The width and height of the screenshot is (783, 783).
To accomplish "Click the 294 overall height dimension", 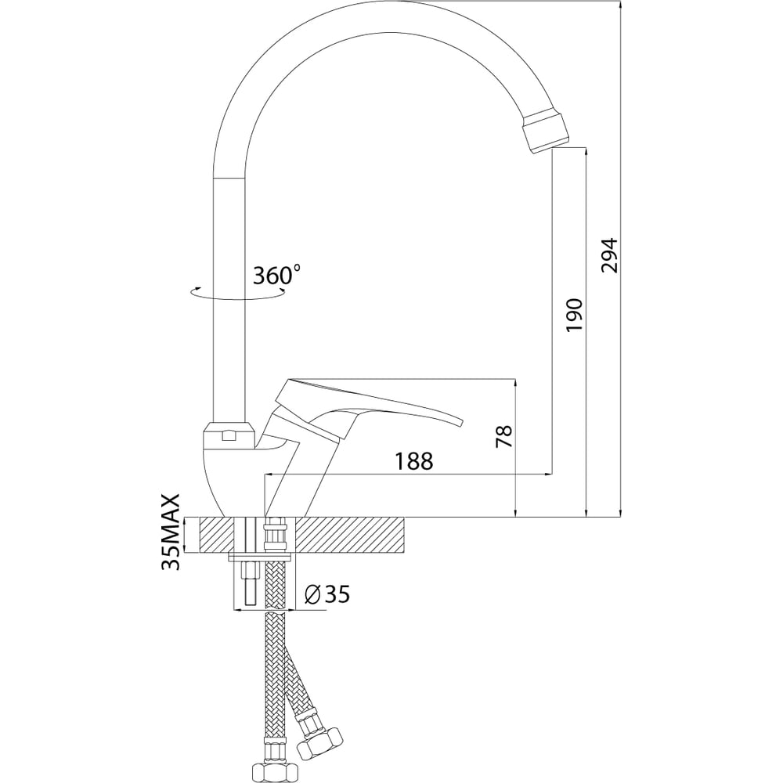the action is [x=609, y=256].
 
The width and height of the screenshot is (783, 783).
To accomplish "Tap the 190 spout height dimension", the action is [x=575, y=315].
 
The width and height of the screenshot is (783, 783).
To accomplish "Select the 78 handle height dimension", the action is [x=504, y=436].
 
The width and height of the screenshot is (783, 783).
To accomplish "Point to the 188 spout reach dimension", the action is [x=414, y=461].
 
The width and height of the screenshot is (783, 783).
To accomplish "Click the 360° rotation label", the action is [x=276, y=275].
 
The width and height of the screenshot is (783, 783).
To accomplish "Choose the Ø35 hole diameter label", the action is [x=327, y=594].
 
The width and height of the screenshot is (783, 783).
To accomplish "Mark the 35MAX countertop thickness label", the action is [x=171, y=532].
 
